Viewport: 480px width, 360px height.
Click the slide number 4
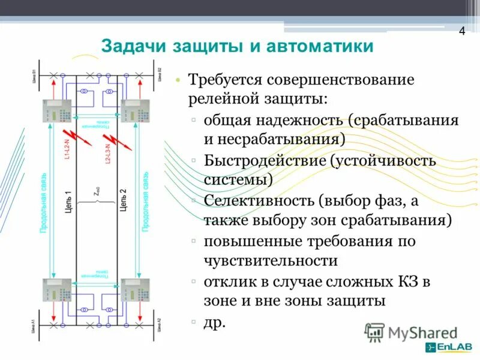(x=462, y=32)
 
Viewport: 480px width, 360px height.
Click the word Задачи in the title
(x=134, y=47)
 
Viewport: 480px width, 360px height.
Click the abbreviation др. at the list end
(x=214, y=322)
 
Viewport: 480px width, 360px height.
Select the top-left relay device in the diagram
(x=56, y=110)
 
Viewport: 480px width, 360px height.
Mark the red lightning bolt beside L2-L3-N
(x=124, y=140)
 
